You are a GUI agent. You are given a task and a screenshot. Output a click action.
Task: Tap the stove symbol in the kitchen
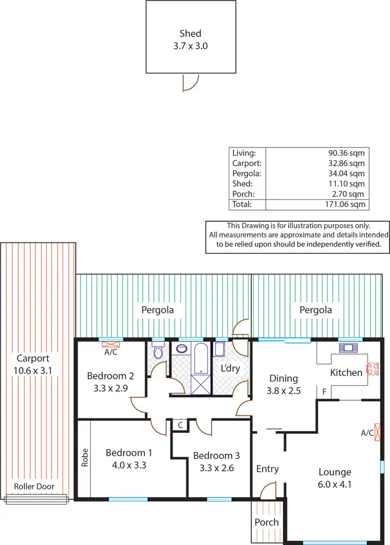tap(372, 369)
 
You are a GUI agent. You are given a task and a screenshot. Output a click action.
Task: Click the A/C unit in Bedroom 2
tap(110, 345)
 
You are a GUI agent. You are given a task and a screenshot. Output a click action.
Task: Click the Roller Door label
tap(34, 486)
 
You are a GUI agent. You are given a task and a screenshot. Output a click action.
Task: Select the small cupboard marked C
tap(180, 425)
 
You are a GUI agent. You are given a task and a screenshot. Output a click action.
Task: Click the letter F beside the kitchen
tap(324, 392)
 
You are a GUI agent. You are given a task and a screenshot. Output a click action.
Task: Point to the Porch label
tap(267, 522)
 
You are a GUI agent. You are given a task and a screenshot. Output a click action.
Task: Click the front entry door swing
tap(268, 490)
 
